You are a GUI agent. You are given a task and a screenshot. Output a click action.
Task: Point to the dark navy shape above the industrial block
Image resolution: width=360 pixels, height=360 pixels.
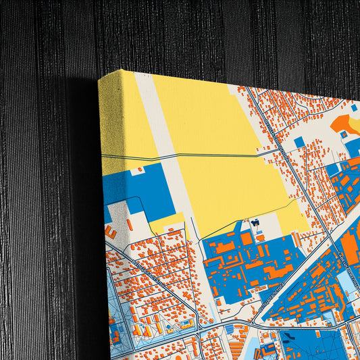point(255,223)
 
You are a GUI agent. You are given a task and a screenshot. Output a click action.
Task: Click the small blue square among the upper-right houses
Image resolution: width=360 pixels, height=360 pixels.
point(299,142)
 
